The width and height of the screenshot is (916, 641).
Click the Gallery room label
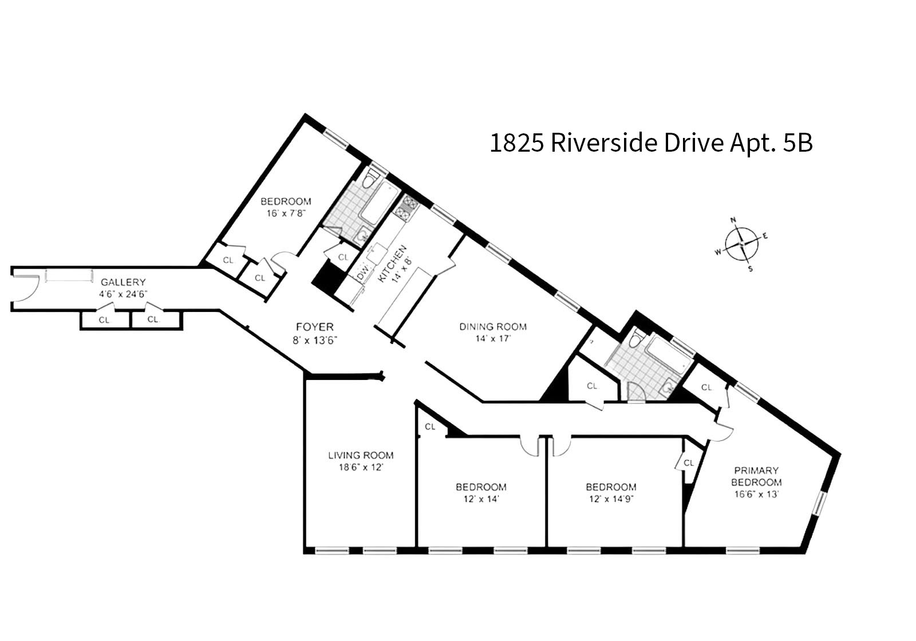pyautogui.click(x=123, y=282)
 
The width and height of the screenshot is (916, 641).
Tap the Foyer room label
pyautogui.click(x=315, y=327)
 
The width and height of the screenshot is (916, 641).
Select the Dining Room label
pyautogui.click(x=493, y=327)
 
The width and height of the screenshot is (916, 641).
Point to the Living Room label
pyautogui.click(x=361, y=455)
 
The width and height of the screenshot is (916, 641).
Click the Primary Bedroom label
pyautogui.click(x=756, y=476)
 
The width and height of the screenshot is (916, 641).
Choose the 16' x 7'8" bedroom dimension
pyautogui.click(x=286, y=213)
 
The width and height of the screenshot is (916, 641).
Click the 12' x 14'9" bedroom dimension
pyautogui.click(x=611, y=499)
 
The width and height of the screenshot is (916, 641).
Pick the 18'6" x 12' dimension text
pyautogui.click(x=361, y=467)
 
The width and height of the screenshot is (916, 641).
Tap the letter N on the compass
pyautogui.click(x=733, y=220)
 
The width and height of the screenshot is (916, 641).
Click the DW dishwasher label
pyautogui.click(x=363, y=271)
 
